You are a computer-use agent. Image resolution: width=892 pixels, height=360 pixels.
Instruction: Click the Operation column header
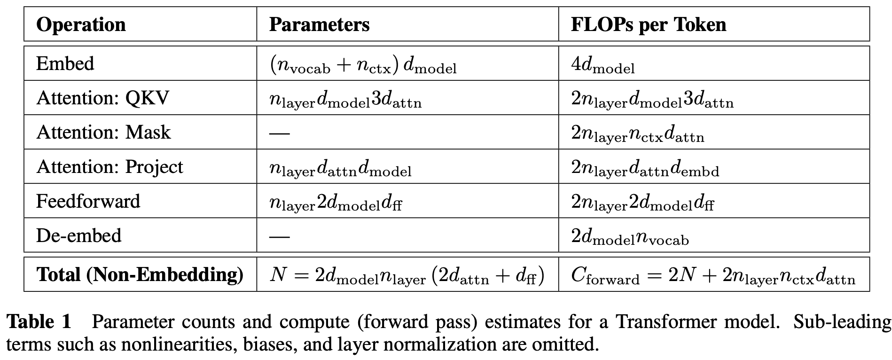click(x=81, y=24)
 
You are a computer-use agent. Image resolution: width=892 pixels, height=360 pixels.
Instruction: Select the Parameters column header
click(x=319, y=24)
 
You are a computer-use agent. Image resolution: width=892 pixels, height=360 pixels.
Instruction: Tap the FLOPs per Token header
click(x=648, y=24)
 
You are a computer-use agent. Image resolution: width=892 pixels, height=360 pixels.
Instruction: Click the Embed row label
click(x=65, y=63)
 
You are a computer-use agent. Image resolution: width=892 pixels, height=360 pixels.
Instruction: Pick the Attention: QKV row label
click(x=102, y=98)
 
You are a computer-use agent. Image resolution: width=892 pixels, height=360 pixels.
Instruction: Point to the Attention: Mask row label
click(x=103, y=132)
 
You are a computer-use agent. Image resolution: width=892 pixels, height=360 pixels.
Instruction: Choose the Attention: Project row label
click(x=110, y=167)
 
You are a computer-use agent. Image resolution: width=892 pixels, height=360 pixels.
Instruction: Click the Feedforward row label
click(x=88, y=201)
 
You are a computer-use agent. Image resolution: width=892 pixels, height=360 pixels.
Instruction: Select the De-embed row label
click(x=78, y=235)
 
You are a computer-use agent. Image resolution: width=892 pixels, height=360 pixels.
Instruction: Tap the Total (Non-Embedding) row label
click(x=140, y=274)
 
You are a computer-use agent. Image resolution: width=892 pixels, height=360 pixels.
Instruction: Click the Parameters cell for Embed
click(x=363, y=65)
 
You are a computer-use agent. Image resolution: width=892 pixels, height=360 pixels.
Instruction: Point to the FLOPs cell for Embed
click(x=602, y=65)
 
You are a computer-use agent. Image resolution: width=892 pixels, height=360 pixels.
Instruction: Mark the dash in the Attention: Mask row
click(x=279, y=133)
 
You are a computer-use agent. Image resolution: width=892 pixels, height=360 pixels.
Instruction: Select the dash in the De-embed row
click(x=279, y=236)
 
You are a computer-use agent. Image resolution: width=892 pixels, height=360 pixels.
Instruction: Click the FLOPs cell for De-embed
click(x=630, y=237)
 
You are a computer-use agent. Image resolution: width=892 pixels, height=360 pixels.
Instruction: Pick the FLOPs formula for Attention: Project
click(x=645, y=168)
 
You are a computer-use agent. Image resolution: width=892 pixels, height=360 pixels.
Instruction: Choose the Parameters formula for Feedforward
click(x=336, y=203)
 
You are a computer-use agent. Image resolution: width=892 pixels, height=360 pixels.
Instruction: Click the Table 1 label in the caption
click(x=39, y=322)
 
